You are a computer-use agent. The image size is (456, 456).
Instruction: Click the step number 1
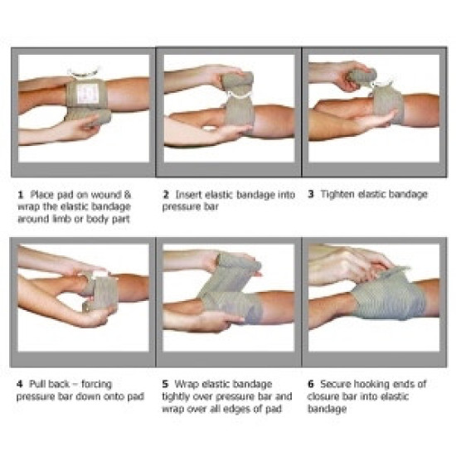[21, 195]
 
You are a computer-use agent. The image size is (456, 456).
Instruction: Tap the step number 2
[166, 195]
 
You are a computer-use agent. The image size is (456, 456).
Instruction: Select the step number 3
[311, 194]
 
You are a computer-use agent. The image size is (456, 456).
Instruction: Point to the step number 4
[20, 384]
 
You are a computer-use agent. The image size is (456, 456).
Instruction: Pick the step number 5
[166, 384]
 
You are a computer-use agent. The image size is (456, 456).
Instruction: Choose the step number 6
[311, 384]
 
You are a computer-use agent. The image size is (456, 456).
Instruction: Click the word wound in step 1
[107, 195]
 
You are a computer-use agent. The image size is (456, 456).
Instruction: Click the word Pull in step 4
[36, 384]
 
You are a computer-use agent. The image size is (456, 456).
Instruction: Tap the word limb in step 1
[61, 219]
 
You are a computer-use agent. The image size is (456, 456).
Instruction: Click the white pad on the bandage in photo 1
[88, 93]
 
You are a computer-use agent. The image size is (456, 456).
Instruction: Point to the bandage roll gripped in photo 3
[362, 75]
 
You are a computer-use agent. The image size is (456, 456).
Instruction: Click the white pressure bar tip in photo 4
[99, 274]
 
